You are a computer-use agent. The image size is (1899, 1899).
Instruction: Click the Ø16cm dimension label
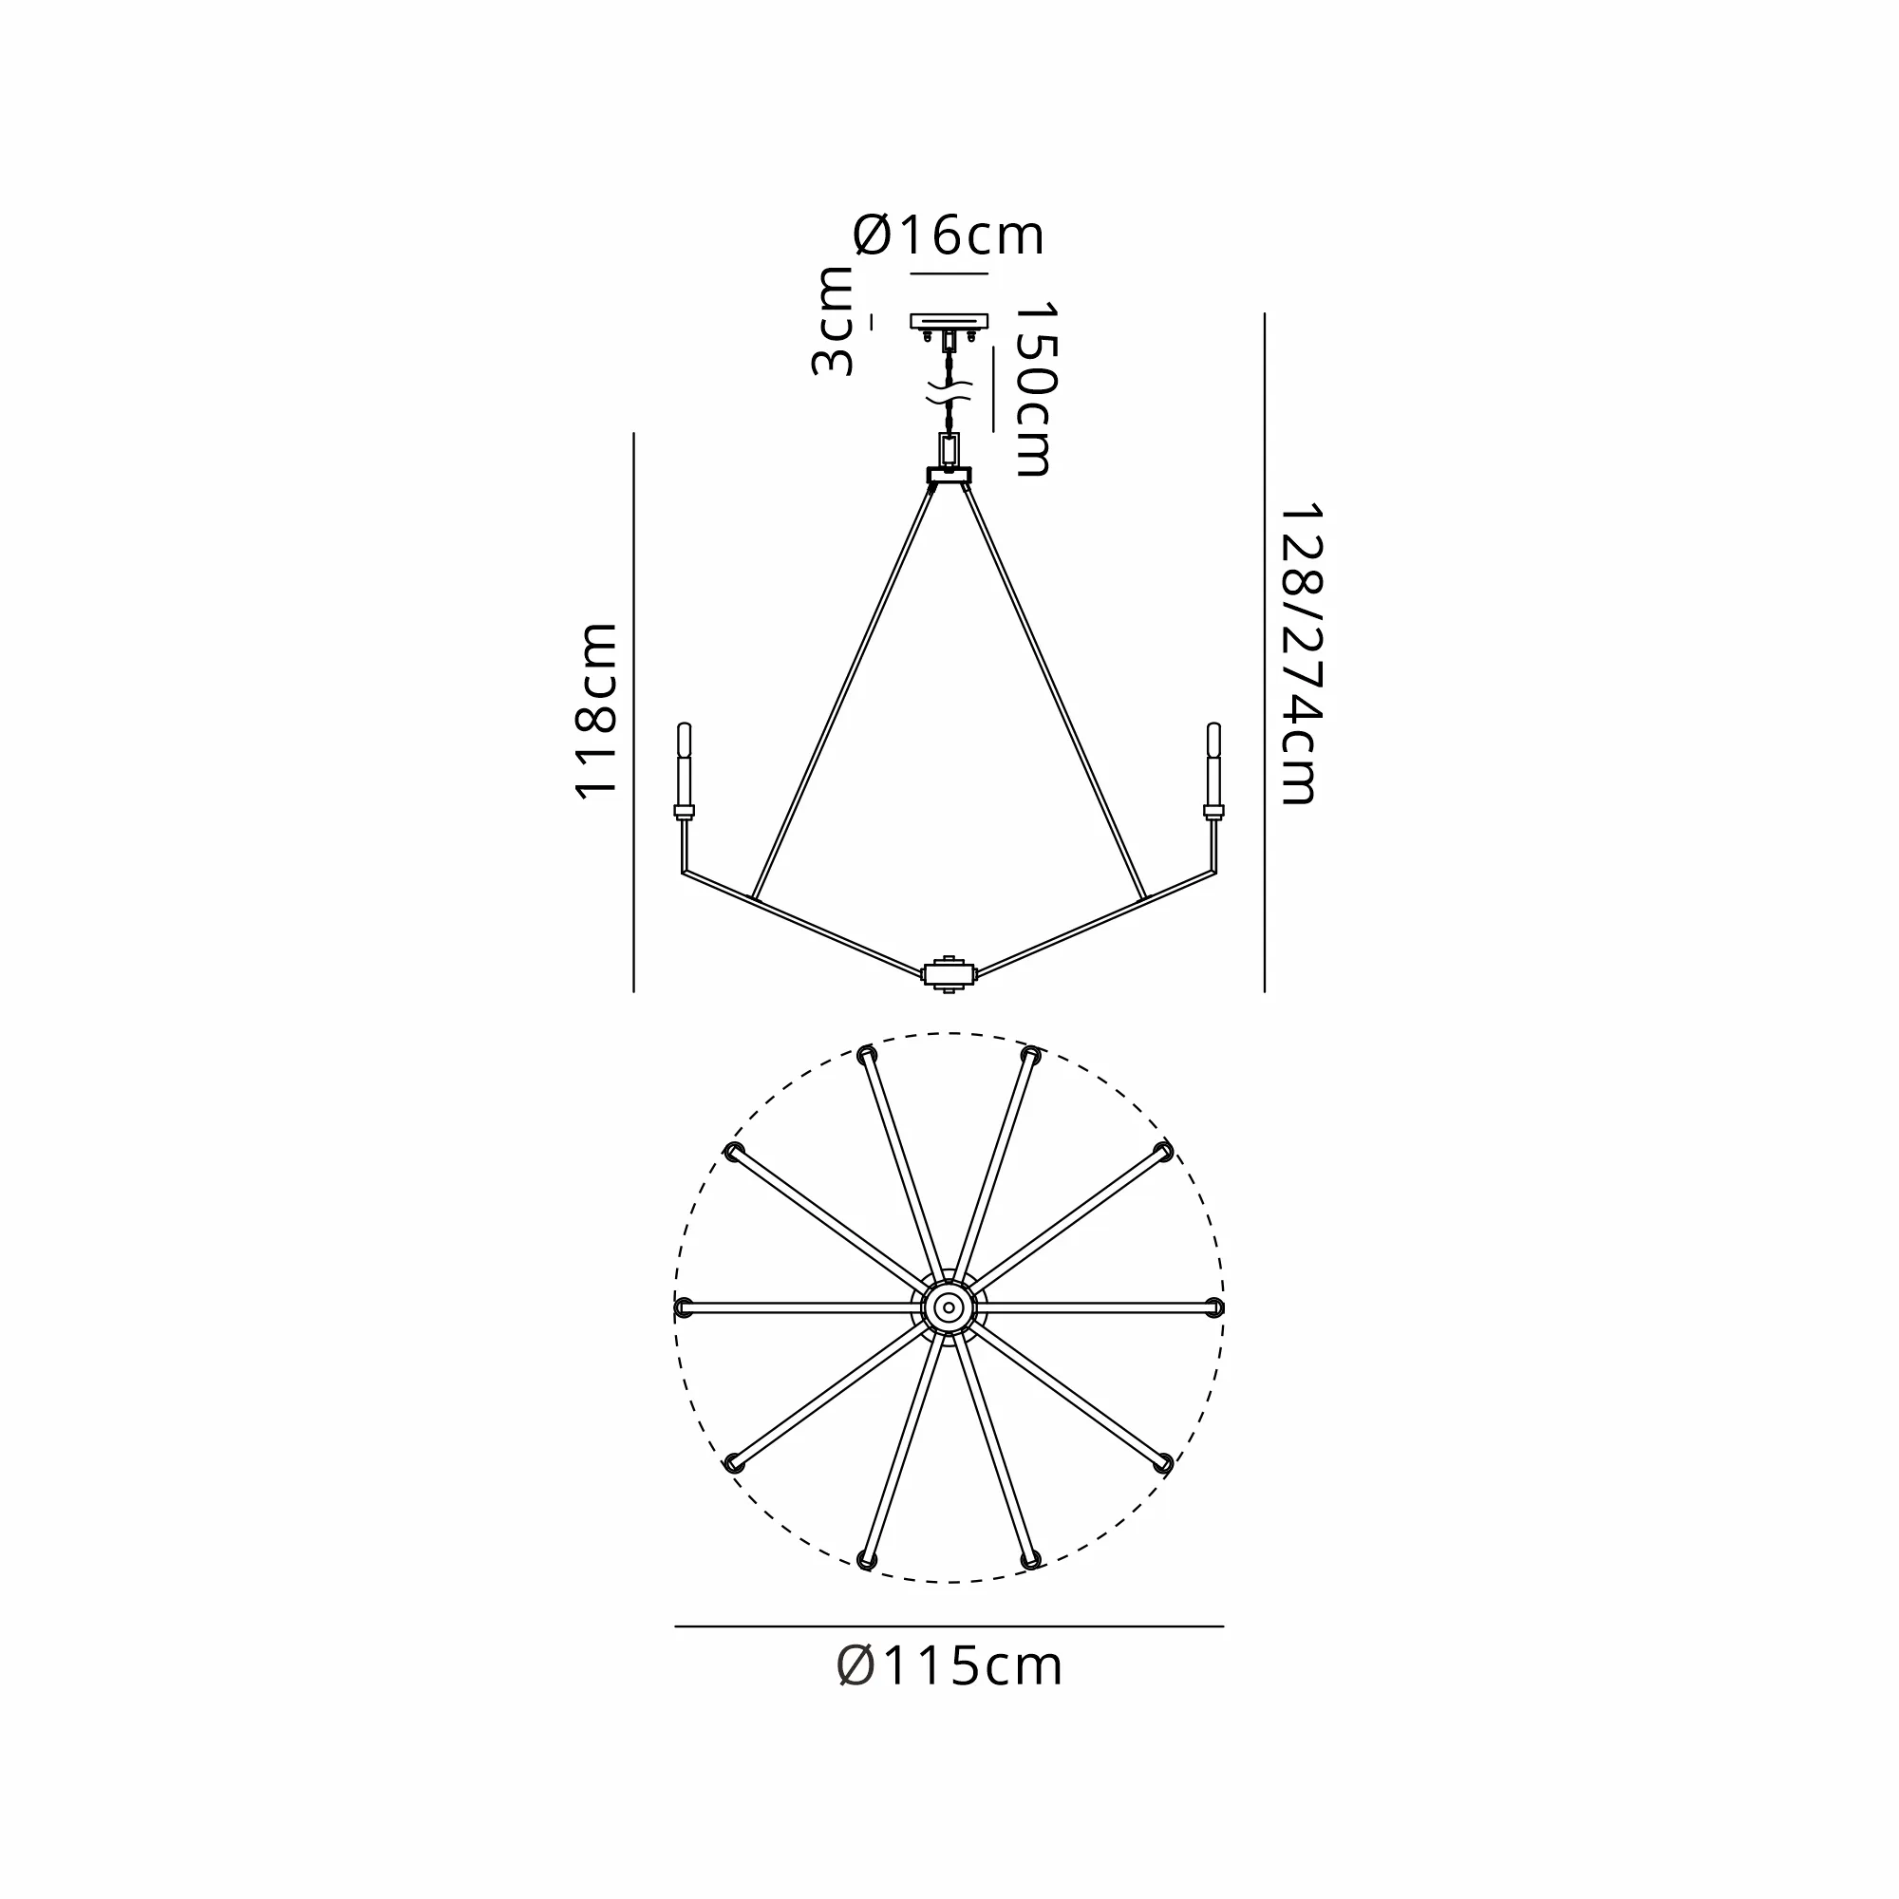(x=949, y=235)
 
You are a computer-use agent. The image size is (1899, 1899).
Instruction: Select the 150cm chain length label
(x=1035, y=389)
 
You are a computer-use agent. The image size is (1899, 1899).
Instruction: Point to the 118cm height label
(x=595, y=709)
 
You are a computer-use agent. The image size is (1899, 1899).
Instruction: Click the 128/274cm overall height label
(x=1300, y=654)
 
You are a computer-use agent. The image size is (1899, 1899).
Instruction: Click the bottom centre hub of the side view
(x=949, y=974)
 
